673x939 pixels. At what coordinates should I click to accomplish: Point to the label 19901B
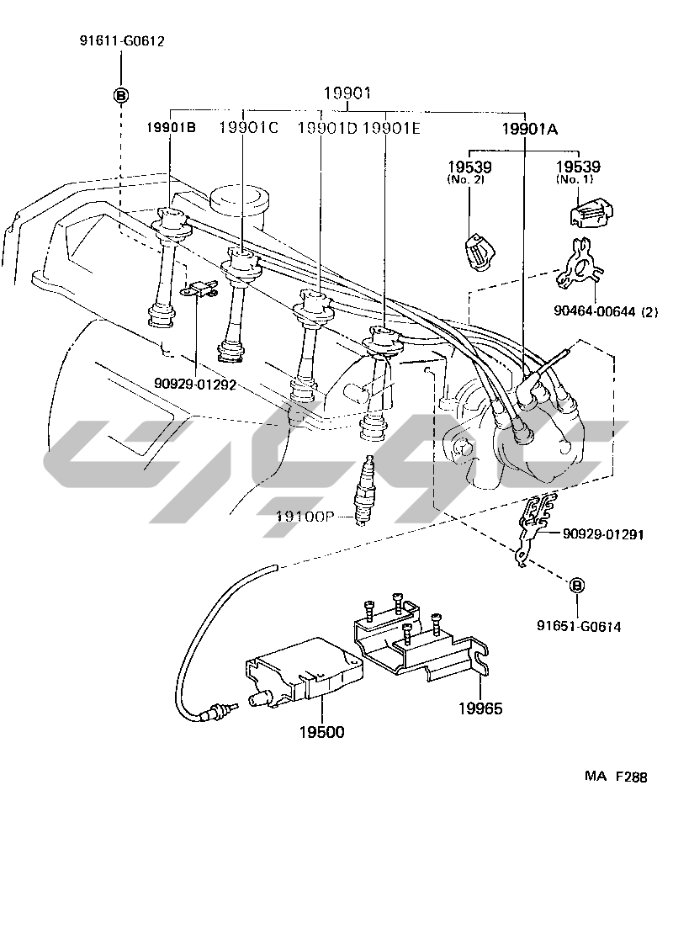171,128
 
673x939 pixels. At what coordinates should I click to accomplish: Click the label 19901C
249,128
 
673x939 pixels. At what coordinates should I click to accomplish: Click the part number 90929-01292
194,383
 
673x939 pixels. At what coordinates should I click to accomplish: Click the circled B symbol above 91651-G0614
577,586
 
